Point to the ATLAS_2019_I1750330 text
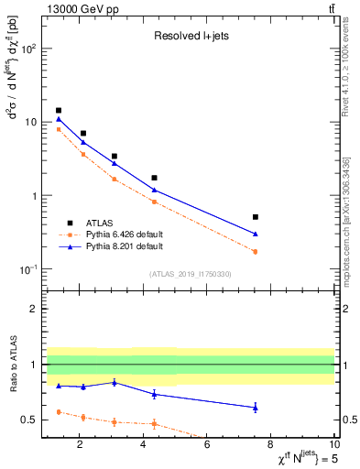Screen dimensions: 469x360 [x=191, y=273]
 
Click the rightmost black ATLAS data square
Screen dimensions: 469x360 [x=255, y=217]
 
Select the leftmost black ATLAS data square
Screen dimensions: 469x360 [x=59, y=110]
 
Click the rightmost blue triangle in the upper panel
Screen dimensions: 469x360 [x=255, y=234]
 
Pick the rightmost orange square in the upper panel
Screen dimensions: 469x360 [x=255, y=251]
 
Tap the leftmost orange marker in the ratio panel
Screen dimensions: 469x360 [x=59, y=412]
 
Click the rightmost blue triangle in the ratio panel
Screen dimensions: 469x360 [x=255, y=407]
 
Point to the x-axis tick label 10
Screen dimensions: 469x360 [x=333, y=446]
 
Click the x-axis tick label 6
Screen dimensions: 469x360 [x=207, y=446]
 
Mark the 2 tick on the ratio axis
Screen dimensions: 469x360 [x=34, y=309]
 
